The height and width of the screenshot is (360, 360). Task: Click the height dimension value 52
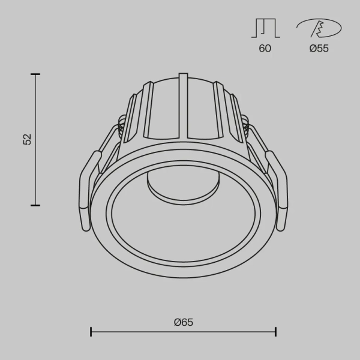click(x=26, y=139)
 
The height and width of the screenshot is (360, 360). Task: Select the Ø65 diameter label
click(x=183, y=322)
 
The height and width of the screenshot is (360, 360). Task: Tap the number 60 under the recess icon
click(x=265, y=49)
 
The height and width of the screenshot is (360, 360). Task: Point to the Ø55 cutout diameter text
click(x=319, y=49)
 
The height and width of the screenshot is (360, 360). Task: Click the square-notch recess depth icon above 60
click(x=265, y=28)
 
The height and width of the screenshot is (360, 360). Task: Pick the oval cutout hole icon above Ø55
click(x=319, y=28)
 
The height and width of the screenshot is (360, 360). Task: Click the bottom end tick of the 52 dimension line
click(x=35, y=205)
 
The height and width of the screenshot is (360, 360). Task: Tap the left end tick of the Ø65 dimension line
click(x=91, y=331)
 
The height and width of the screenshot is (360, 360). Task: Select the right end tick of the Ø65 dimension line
click(x=275, y=331)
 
